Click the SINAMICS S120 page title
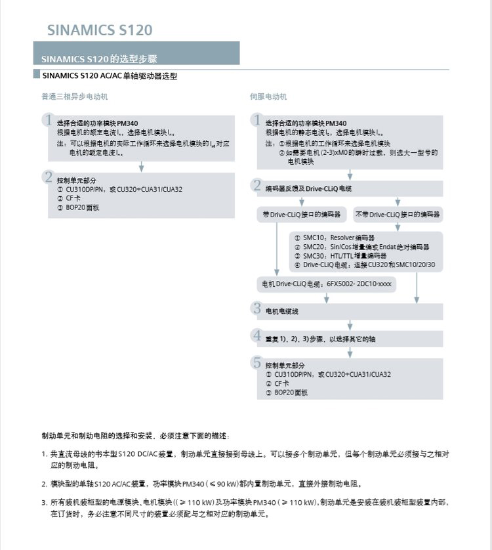[100, 30]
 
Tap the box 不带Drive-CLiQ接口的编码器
[398, 214]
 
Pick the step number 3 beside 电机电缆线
[257, 308]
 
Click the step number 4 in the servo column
[257, 336]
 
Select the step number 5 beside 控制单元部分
[257, 362]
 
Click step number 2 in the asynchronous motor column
[48, 177]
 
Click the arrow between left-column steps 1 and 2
[141, 167]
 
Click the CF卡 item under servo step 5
[281, 383]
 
